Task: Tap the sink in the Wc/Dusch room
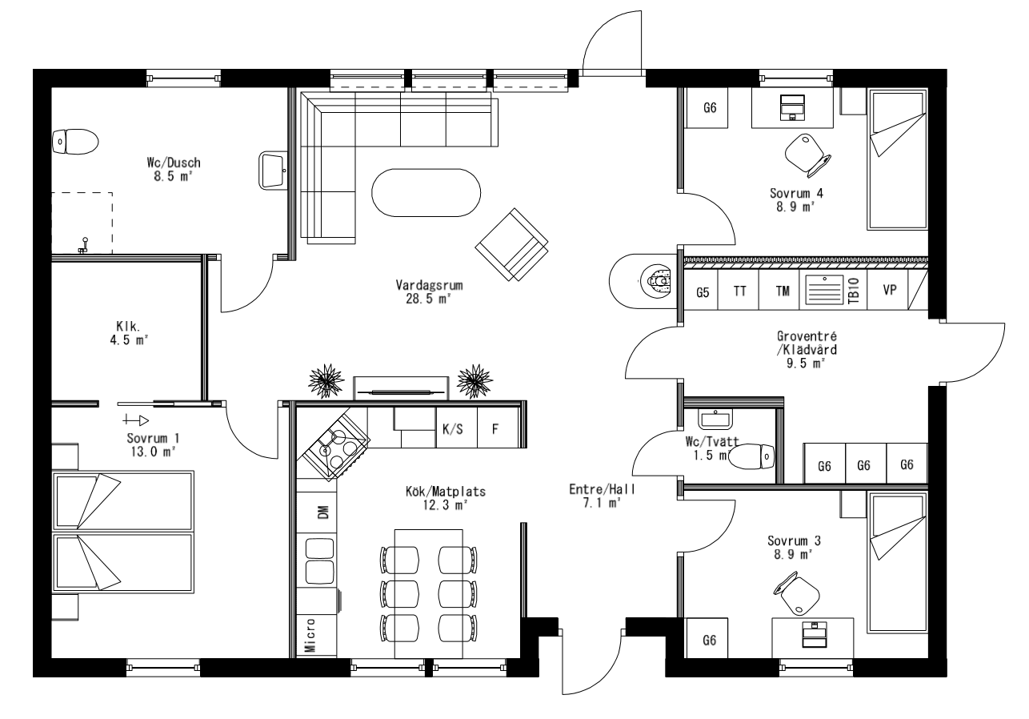click(274, 170)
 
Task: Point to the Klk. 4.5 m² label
click(128, 332)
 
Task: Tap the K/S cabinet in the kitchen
click(453, 429)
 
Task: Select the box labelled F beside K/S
click(495, 429)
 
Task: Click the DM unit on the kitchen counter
click(322, 512)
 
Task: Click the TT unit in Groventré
click(740, 292)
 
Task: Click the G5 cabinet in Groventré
click(703, 292)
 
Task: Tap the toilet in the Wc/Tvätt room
click(755, 457)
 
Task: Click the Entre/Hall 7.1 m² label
click(595, 496)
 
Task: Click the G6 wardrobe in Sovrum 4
click(708, 108)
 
